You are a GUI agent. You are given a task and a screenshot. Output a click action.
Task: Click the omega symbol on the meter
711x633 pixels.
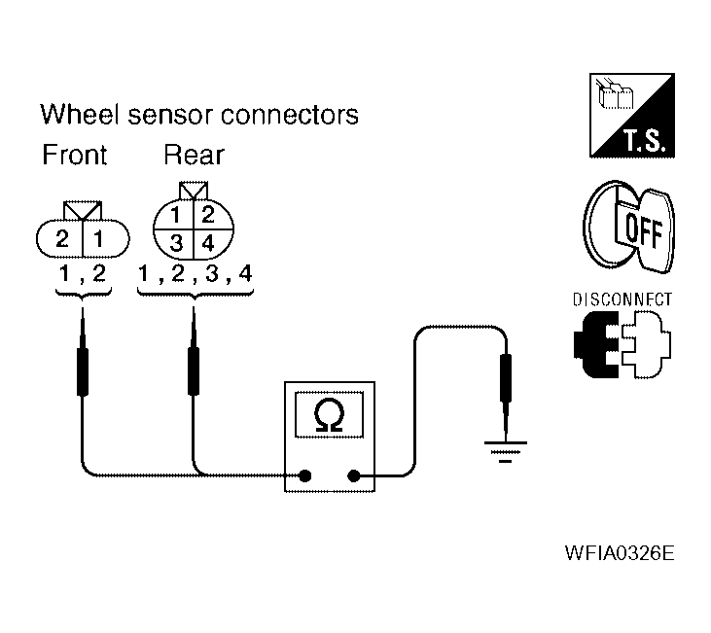coord(329,414)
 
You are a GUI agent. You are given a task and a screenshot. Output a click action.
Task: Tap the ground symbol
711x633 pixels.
coord(506,451)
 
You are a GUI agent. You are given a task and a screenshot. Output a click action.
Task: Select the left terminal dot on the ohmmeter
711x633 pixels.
coord(305,476)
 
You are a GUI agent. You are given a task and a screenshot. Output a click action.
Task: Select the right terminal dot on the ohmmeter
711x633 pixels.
coord(354,476)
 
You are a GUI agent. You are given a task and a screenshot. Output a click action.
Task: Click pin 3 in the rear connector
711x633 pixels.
coord(176,243)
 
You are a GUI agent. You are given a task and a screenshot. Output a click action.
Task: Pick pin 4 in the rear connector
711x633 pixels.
coord(208,243)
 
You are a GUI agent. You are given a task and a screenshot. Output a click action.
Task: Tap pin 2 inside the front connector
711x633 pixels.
coord(62,238)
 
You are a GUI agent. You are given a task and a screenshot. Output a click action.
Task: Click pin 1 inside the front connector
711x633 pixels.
coord(98,238)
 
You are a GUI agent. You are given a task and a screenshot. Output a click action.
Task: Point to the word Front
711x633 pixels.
coord(75,155)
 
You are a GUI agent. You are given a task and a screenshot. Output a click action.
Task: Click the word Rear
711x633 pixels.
coord(195,155)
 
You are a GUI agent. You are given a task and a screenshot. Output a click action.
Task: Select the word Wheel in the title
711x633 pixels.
coord(80,114)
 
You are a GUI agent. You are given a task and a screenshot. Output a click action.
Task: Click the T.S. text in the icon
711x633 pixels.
coord(645,140)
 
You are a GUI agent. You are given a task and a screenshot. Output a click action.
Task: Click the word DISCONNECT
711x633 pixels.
coord(622,299)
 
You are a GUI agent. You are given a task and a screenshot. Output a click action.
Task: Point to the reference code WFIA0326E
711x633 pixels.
coord(620,553)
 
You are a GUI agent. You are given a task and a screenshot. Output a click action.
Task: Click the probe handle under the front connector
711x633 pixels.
coord(83,371)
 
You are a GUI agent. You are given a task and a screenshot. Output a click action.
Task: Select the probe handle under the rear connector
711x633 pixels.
coord(194,370)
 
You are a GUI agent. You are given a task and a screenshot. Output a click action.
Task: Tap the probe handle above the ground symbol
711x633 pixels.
coord(506,378)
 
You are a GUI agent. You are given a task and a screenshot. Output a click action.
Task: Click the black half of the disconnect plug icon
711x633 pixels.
coord(595,344)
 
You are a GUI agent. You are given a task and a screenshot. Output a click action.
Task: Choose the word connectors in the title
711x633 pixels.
coord(290,115)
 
